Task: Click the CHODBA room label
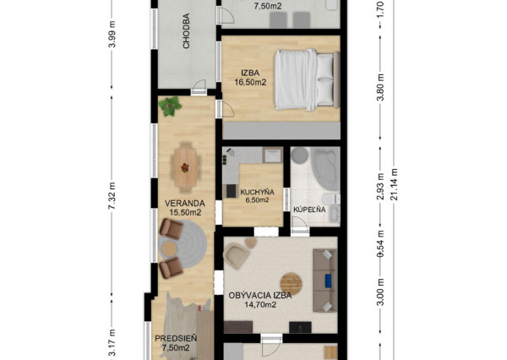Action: [186, 31]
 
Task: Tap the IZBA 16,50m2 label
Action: [250, 78]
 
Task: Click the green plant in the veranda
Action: [170, 106]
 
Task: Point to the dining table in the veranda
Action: [185, 167]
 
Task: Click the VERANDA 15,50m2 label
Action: [185, 208]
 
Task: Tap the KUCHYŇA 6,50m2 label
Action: [257, 196]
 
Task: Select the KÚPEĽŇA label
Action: [309, 210]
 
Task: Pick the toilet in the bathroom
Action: [331, 199]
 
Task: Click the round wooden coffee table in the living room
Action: [291, 284]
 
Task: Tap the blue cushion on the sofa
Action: [329, 280]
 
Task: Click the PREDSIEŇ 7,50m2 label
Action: [176, 343]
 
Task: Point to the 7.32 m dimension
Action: [112, 195]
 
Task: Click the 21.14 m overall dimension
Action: [395, 184]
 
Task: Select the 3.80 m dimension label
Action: [381, 87]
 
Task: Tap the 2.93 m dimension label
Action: [381, 187]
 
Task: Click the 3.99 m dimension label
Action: [112, 34]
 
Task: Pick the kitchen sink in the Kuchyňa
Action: [272, 155]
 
